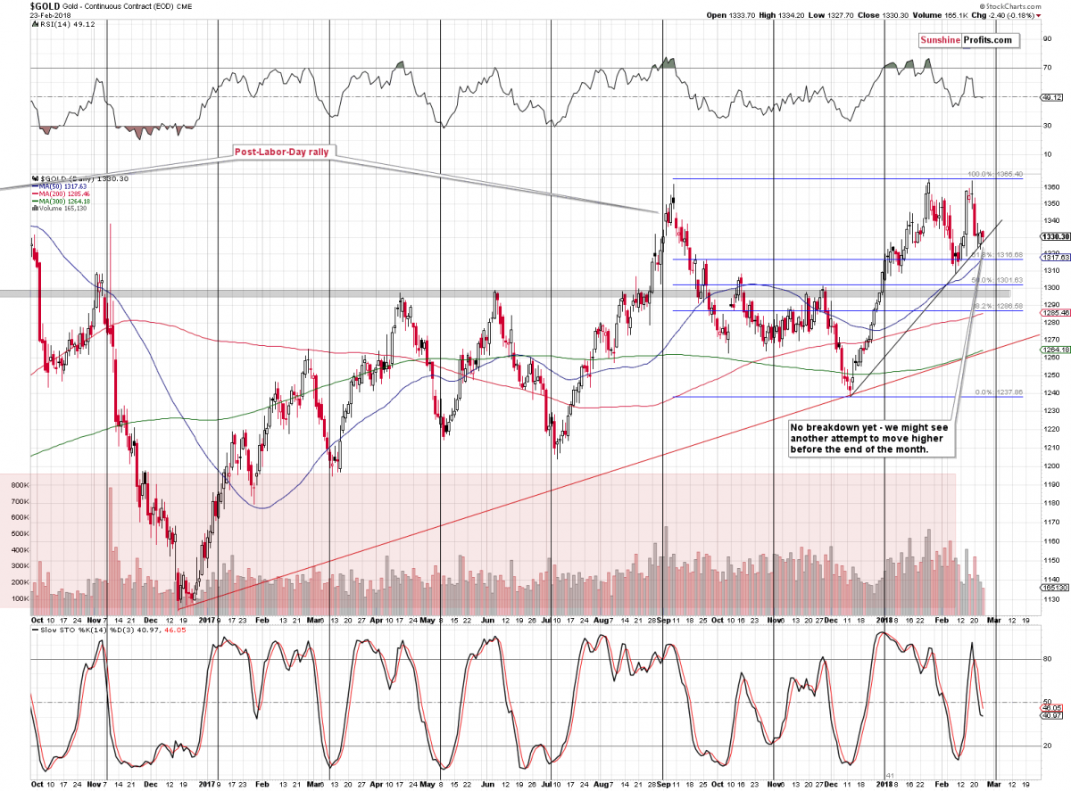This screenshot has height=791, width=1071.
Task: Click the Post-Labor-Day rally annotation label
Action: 282,152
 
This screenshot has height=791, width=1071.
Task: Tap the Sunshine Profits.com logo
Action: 967,40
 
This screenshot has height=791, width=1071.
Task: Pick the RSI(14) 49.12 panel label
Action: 62,24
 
